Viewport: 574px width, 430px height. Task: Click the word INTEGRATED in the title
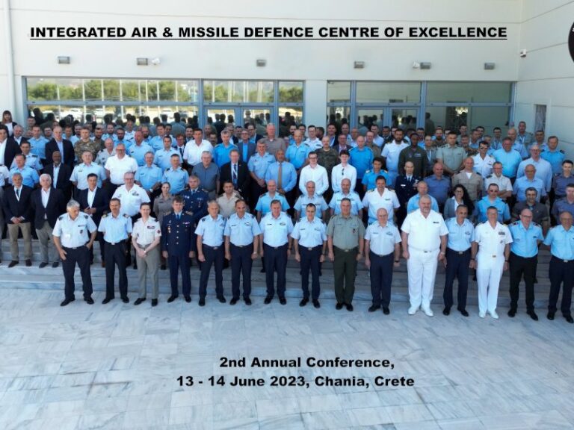click(78, 32)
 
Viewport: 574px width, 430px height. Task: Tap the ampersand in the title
click(167, 32)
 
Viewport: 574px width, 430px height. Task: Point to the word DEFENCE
click(279, 32)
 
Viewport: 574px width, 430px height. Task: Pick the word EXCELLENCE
click(457, 32)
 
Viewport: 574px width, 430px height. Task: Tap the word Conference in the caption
click(349, 363)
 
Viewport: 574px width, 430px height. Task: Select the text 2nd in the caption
click(233, 362)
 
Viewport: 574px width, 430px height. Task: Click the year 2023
click(287, 381)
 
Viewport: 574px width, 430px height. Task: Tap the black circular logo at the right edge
click(571, 40)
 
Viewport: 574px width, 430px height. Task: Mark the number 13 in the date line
click(185, 381)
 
